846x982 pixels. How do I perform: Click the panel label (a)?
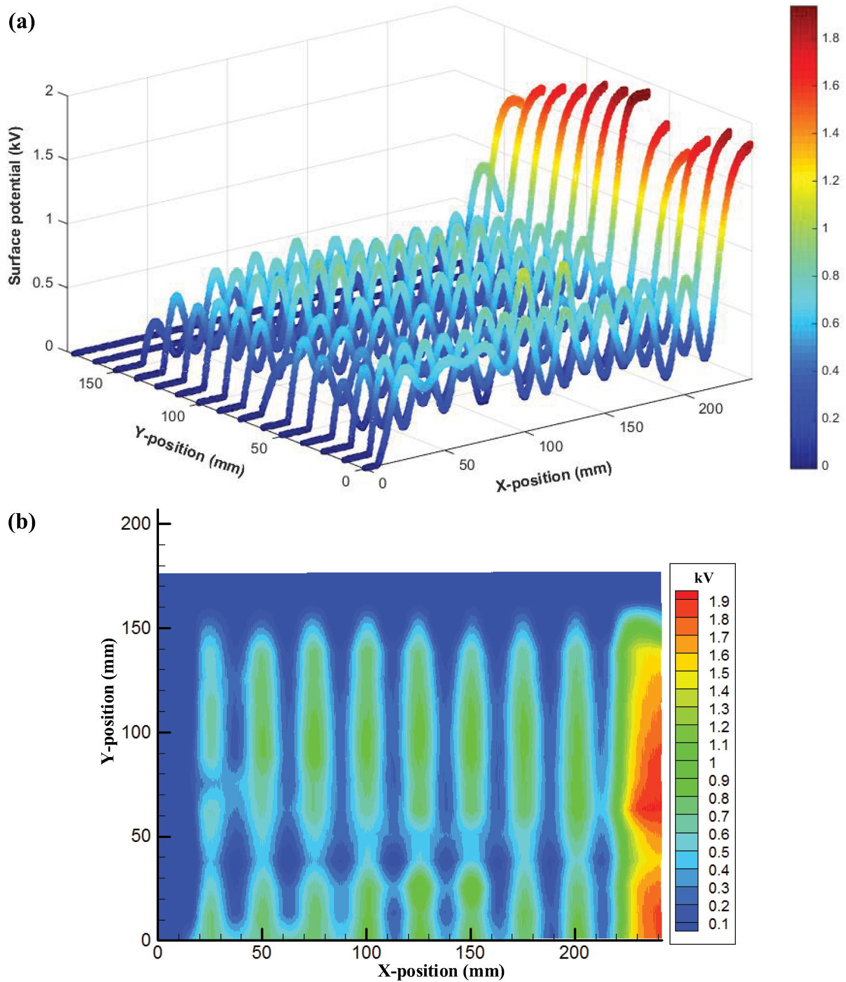pyautogui.click(x=21, y=22)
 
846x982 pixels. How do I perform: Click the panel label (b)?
pyautogui.click(x=21, y=522)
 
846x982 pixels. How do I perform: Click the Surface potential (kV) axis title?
pyautogui.click(x=14, y=206)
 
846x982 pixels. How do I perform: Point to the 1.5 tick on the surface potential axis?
pyautogui.click(x=43, y=155)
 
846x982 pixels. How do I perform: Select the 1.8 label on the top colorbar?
pyautogui.click(x=830, y=38)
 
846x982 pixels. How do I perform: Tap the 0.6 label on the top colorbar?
pyautogui.click(x=830, y=323)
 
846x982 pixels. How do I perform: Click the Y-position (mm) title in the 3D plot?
pyautogui.click(x=189, y=451)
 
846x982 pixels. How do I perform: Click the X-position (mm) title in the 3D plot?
pyautogui.click(x=553, y=477)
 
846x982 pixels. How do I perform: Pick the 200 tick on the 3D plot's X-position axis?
pyautogui.click(x=710, y=409)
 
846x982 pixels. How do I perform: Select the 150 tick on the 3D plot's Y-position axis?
pyautogui.click(x=91, y=383)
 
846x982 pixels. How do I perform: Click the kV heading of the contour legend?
pyautogui.click(x=704, y=578)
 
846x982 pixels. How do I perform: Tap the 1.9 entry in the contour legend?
pyautogui.click(x=719, y=601)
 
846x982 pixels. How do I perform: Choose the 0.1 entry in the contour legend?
pyautogui.click(x=719, y=924)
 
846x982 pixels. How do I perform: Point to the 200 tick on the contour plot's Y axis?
pyautogui.click(x=135, y=523)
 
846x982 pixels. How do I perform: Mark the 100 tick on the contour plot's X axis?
pyautogui.click(x=366, y=953)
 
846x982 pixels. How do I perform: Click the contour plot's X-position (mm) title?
pyautogui.click(x=441, y=971)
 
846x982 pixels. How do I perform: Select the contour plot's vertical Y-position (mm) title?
pyautogui.click(x=108, y=700)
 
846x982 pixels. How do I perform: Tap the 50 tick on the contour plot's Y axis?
pyautogui.click(x=141, y=836)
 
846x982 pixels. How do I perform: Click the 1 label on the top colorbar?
pyautogui.click(x=825, y=228)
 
